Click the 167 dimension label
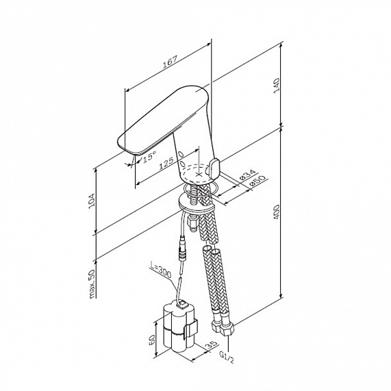tap(170, 62)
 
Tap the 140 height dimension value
tap(277, 86)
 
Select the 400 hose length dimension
tap(277, 212)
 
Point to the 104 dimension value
tap(92, 200)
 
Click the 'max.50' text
tap(92, 283)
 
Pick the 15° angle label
tap(149, 156)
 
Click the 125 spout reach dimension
tap(166, 164)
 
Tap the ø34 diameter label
tap(247, 175)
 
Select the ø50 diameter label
tap(257, 181)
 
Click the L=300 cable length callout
tap(161, 270)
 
